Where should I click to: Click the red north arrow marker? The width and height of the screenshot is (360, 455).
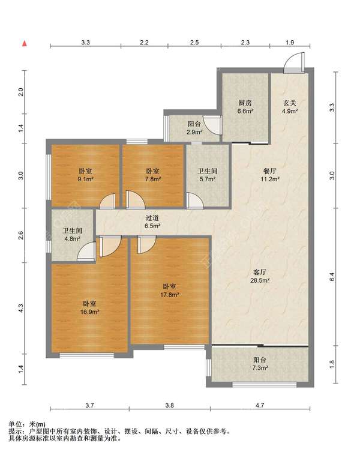[25, 44]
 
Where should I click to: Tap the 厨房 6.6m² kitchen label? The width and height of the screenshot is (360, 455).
[245, 106]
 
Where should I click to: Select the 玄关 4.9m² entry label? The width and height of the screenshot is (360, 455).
[290, 106]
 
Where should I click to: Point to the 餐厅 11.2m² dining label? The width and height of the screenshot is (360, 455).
[270, 175]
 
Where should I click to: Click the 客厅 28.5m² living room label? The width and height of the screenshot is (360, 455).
[260, 276]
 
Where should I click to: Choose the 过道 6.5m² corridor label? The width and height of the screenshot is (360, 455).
[152, 221]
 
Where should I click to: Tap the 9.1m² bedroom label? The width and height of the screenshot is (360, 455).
[85, 175]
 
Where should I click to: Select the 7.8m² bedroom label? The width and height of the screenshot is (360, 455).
[152, 175]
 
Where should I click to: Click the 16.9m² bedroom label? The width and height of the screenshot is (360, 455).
[89, 308]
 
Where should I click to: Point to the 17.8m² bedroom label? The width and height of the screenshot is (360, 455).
[169, 291]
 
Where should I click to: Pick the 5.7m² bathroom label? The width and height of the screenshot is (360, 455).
[208, 175]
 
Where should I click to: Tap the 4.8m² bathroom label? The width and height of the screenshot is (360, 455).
[72, 235]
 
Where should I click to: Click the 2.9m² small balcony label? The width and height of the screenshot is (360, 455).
[194, 128]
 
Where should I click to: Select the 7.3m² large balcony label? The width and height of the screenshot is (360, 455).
[260, 364]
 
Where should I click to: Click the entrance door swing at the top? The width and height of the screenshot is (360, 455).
[294, 62]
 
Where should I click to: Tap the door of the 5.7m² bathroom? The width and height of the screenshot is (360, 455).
[194, 200]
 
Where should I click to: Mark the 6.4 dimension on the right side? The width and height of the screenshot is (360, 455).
[332, 277]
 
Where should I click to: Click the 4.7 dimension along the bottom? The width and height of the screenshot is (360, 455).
[260, 405]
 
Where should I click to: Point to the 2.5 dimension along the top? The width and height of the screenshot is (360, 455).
[194, 43]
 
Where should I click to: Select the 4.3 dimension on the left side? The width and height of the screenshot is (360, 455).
[21, 308]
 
